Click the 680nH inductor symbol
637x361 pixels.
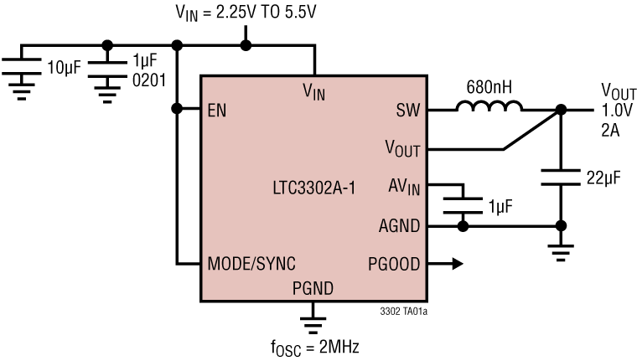pos(489,107)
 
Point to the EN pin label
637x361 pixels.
pos(217,110)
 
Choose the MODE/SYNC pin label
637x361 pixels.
pos(251,264)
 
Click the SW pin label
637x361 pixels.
pos(407,110)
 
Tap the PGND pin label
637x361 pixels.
pos(313,289)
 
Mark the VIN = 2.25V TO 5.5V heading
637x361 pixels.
pos(245,13)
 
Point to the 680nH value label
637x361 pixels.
pos(489,86)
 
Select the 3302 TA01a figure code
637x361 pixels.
pos(403,312)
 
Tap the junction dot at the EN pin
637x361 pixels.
pos(176,109)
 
